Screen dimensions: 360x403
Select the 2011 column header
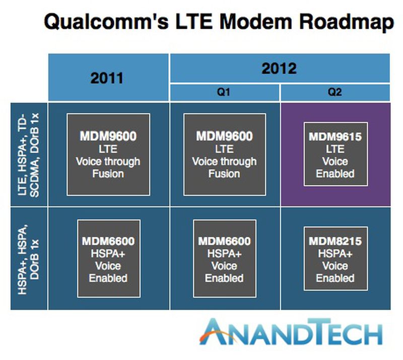pos(108,79)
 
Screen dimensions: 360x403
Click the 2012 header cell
pos(280,68)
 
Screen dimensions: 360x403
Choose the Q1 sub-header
pos(225,93)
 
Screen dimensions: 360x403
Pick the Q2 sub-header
pos(335,93)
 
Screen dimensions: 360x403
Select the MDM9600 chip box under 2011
pos(108,155)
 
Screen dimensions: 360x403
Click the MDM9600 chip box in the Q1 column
pos(225,155)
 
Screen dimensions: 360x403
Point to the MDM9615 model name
pos(335,136)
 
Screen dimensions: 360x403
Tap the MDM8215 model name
pos(335,242)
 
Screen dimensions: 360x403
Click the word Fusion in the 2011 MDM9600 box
pos(108,174)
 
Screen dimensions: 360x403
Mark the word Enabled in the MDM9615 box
pos(335,174)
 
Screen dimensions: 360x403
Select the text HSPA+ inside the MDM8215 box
pos(335,254)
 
